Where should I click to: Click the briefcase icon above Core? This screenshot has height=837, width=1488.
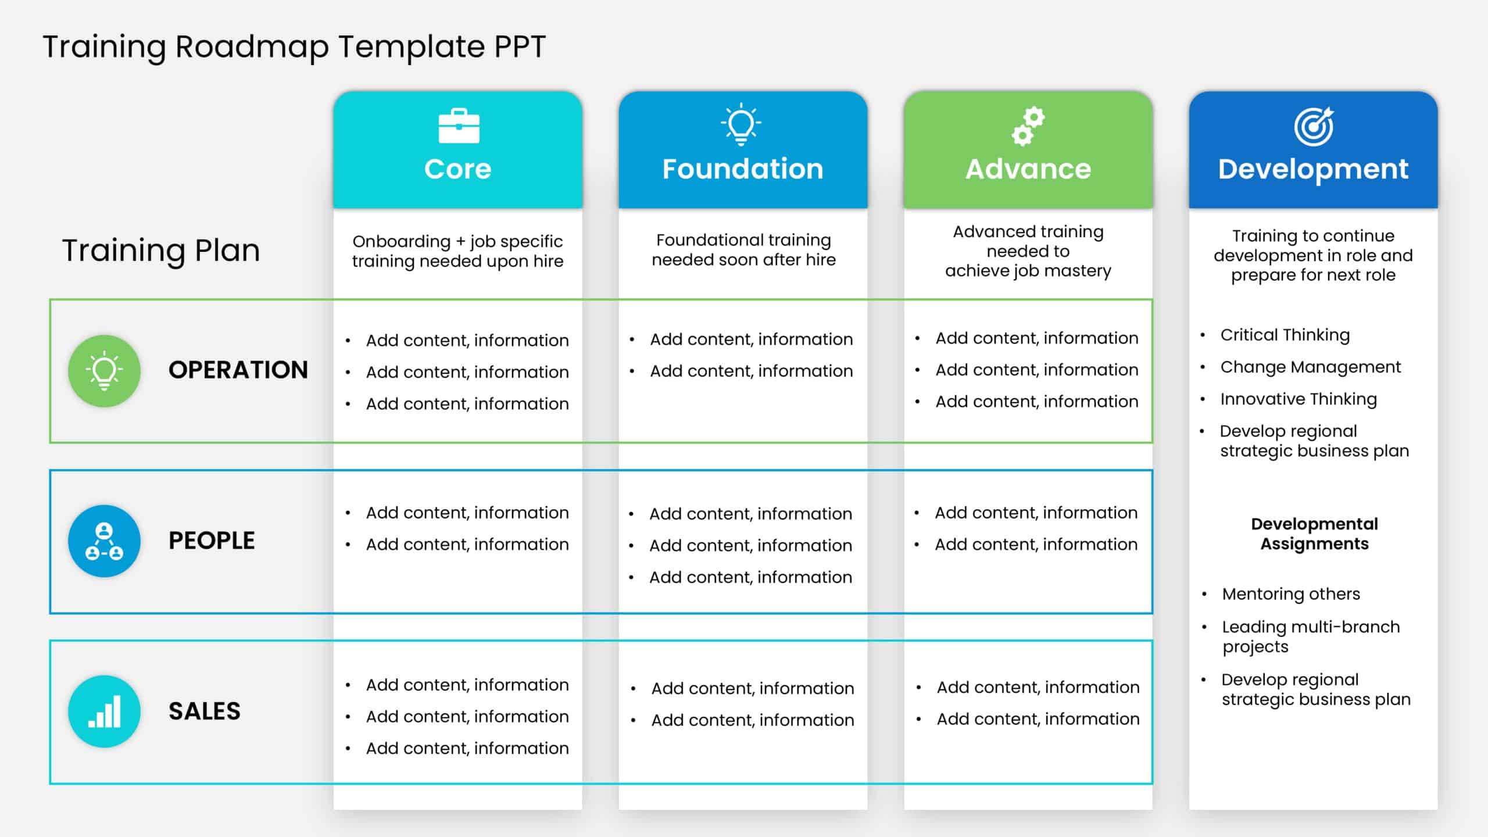click(459, 126)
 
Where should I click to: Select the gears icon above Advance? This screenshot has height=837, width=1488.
click(1028, 126)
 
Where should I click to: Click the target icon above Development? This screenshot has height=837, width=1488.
click(1314, 127)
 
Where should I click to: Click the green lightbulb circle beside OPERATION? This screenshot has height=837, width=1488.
click(104, 371)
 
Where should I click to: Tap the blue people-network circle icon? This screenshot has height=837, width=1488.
click(104, 541)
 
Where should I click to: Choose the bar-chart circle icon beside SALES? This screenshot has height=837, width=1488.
click(104, 711)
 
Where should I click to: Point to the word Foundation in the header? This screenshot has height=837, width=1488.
click(743, 169)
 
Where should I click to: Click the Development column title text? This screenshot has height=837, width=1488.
click(1313, 169)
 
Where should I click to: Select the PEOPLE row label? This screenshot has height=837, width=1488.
click(212, 541)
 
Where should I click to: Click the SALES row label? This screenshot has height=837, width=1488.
click(205, 711)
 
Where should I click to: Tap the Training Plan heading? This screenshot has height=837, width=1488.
click(161, 251)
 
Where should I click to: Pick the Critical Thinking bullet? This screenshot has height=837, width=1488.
click(1285, 335)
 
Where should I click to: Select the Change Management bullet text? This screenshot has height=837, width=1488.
click(1310, 367)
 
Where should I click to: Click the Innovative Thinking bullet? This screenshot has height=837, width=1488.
click(1298, 399)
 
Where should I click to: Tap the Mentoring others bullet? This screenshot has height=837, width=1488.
click(1290, 594)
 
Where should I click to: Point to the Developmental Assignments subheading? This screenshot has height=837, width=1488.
click(1314, 534)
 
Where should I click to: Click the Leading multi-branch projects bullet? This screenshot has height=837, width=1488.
click(1310, 636)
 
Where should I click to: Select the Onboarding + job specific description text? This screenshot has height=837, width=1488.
click(457, 251)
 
